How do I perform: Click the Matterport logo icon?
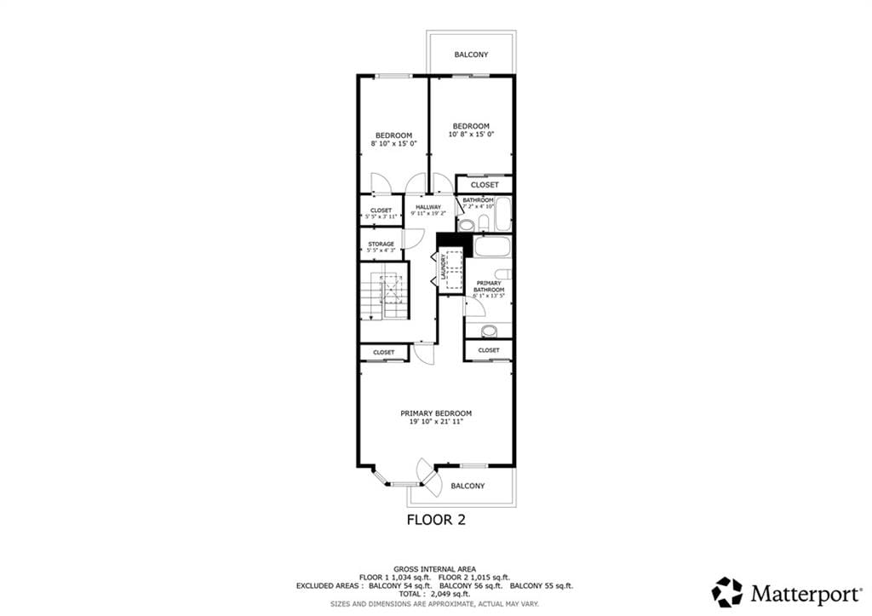click(x=726, y=591)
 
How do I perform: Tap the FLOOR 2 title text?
click(x=436, y=519)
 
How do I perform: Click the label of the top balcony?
click(x=471, y=55)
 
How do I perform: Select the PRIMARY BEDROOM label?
click(x=436, y=413)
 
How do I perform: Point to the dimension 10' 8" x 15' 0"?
click(x=471, y=135)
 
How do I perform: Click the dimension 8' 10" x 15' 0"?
click(x=393, y=143)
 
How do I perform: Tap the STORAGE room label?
click(x=381, y=245)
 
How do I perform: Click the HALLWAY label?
click(x=428, y=207)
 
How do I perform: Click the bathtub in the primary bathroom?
click(x=491, y=247)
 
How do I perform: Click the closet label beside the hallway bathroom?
click(x=485, y=185)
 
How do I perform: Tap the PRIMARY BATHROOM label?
click(x=489, y=286)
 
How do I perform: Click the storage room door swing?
click(x=412, y=238)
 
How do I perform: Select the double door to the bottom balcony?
click(x=428, y=477)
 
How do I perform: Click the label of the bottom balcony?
click(x=468, y=486)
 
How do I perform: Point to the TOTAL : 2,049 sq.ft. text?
click(x=435, y=594)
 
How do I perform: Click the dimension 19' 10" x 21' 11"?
click(x=436, y=422)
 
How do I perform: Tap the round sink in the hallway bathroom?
click(x=466, y=225)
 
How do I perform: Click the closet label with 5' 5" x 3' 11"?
click(x=381, y=217)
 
